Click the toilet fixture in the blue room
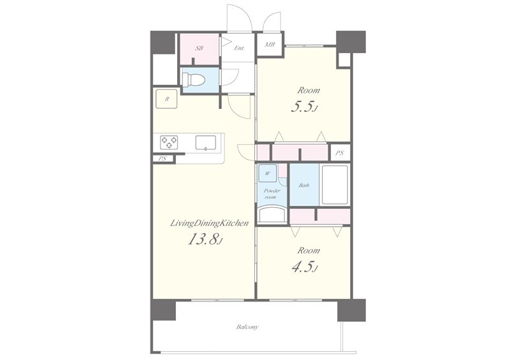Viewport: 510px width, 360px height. (x=194, y=80)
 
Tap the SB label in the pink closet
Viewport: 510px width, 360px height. (x=199, y=48)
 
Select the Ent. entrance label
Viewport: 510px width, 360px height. (x=239, y=48)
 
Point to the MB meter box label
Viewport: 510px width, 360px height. (x=270, y=44)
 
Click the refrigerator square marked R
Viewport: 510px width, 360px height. (x=166, y=99)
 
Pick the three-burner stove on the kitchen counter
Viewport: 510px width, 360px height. (x=169, y=142)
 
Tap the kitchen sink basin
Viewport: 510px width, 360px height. (x=205, y=143)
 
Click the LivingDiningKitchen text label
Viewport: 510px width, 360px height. (x=210, y=224)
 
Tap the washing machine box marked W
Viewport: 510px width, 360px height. (x=267, y=173)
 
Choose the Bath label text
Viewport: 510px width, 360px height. (x=304, y=185)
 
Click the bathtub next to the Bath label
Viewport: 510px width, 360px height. (x=335, y=185)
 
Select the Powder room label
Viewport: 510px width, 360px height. (x=272, y=194)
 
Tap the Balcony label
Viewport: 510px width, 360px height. (x=247, y=327)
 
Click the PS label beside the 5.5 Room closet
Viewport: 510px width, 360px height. (x=340, y=153)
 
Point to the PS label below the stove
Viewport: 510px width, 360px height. (x=163, y=159)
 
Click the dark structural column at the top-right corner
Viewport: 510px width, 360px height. (x=351, y=41)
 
